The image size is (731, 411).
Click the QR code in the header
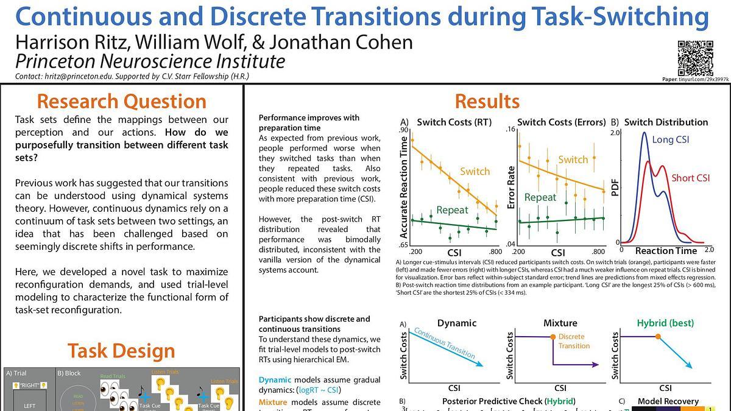695,58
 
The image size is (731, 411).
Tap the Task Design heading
121,351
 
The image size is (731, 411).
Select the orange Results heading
487,101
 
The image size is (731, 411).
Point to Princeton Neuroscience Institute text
150,61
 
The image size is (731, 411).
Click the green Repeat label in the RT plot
452,210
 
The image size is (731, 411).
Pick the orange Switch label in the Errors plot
573,160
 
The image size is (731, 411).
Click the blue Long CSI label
671,139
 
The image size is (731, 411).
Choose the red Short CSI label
691,178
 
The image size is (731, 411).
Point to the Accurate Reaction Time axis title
404,186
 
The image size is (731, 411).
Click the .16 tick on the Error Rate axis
510,130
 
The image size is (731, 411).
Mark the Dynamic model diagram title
456,323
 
